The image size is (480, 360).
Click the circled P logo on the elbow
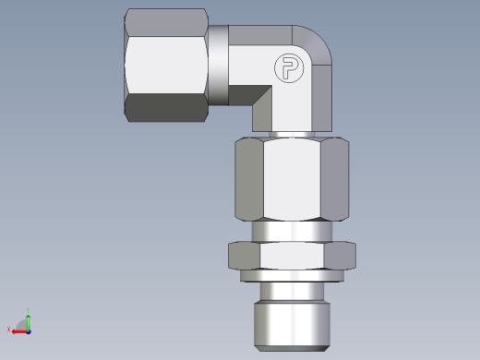point(286,68)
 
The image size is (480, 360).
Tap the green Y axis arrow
point(29,318)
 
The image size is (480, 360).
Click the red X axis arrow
point(18,330)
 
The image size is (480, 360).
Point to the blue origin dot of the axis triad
point(29,330)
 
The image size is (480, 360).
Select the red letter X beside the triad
point(9,330)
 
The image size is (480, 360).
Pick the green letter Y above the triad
point(29,311)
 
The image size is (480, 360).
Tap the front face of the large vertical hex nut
point(294,180)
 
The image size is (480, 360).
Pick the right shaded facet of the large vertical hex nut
point(336,180)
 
